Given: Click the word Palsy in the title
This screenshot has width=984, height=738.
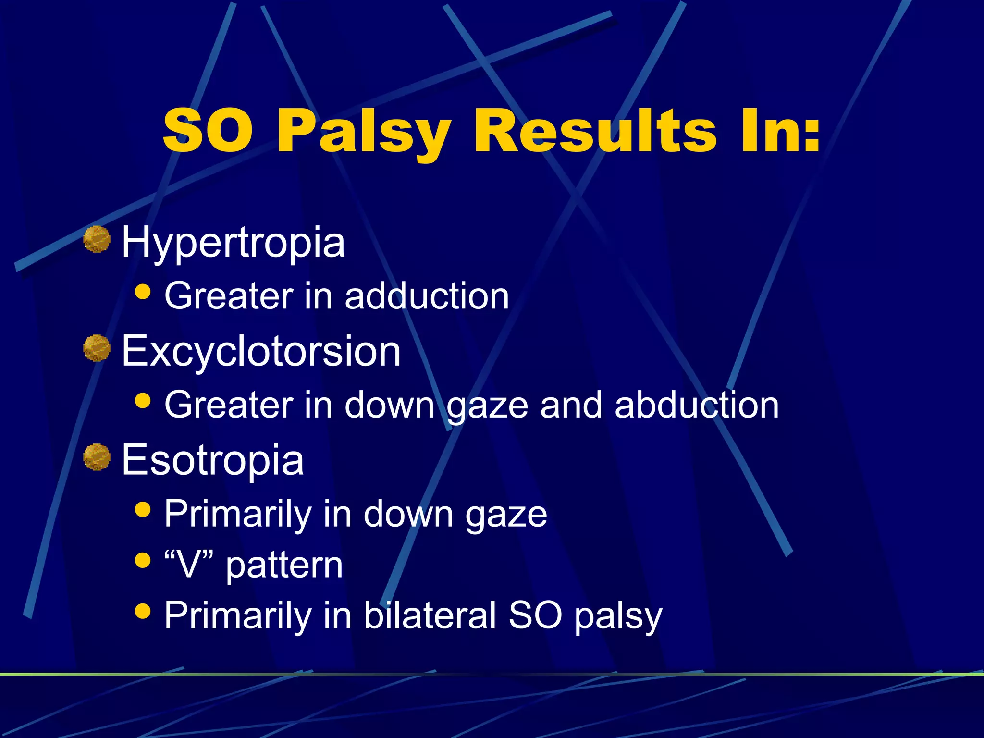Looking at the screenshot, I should [364, 131].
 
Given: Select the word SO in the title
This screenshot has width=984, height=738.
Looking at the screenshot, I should [208, 131].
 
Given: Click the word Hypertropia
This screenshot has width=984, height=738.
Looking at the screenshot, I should [234, 243].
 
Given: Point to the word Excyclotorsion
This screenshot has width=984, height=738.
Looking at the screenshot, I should [261, 351].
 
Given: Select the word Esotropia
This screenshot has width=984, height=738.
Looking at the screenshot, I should [213, 460].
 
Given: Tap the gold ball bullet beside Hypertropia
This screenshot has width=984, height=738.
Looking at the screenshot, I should [97, 239].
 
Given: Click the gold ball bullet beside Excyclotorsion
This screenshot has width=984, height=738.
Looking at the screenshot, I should [97, 348].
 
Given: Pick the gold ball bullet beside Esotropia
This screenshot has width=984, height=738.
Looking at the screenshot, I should [97, 457].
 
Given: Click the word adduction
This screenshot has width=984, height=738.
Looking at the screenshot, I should [427, 296].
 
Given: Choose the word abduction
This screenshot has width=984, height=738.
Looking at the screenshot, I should [697, 405].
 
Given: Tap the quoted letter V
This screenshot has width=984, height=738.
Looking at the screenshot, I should [188, 566].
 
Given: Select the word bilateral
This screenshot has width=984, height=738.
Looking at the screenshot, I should [430, 615].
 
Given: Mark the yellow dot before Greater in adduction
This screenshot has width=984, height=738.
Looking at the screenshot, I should [143, 292].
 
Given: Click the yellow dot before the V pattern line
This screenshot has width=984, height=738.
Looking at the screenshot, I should [143, 560].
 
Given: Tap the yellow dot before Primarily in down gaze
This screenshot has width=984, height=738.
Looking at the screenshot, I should [143, 509].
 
